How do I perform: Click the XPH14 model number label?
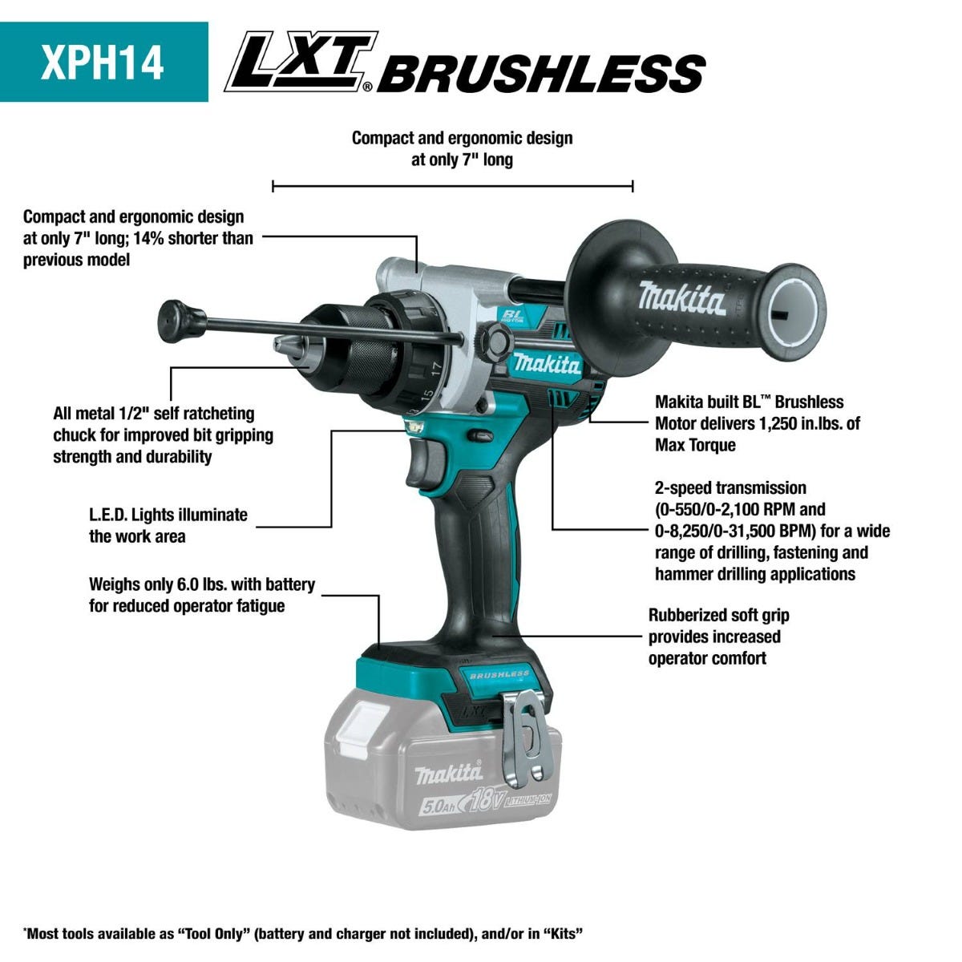[103, 63]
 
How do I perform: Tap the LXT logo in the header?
[301, 61]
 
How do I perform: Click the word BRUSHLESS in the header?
[541, 74]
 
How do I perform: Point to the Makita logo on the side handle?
[681, 298]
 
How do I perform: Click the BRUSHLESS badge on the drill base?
[499, 675]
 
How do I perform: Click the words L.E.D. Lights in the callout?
[131, 515]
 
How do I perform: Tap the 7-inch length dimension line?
[452, 187]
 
